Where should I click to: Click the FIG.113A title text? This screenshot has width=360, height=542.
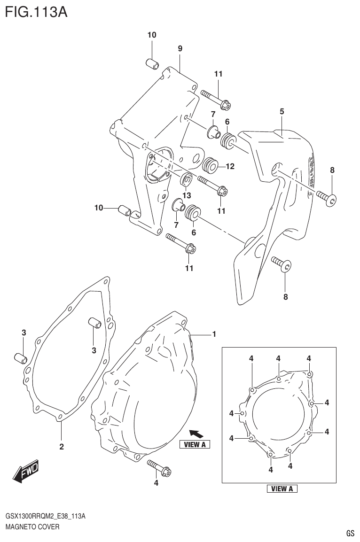[36, 11]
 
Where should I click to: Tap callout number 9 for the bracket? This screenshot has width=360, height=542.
[180, 48]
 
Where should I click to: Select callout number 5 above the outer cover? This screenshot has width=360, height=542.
[282, 111]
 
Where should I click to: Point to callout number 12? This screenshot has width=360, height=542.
[230, 166]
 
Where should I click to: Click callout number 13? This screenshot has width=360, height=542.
[187, 194]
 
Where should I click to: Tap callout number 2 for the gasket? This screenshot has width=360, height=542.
[61, 447]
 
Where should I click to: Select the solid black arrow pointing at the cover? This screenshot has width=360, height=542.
[195, 433]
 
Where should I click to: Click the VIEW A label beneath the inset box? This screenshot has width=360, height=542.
[282, 489]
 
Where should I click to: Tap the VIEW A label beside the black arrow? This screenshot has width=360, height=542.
[195, 445]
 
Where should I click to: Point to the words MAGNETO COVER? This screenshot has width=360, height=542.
[32, 527]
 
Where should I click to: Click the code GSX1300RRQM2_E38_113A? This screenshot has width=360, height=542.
[45, 517]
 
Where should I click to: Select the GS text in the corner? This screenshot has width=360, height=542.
[350, 533]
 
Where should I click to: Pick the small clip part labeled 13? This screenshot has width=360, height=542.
[187, 179]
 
